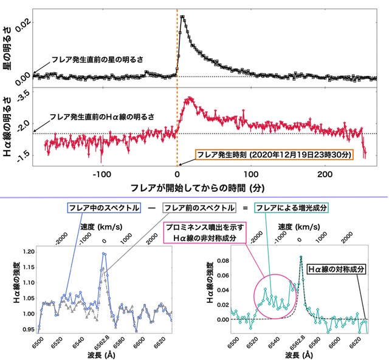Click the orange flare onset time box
[x=274, y=155]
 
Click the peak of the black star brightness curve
[x=182, y=16]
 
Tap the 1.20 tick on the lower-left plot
[x=24, y=250]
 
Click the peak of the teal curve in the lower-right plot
[x=300, y=256]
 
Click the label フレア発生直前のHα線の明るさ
[x=102, y=115]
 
